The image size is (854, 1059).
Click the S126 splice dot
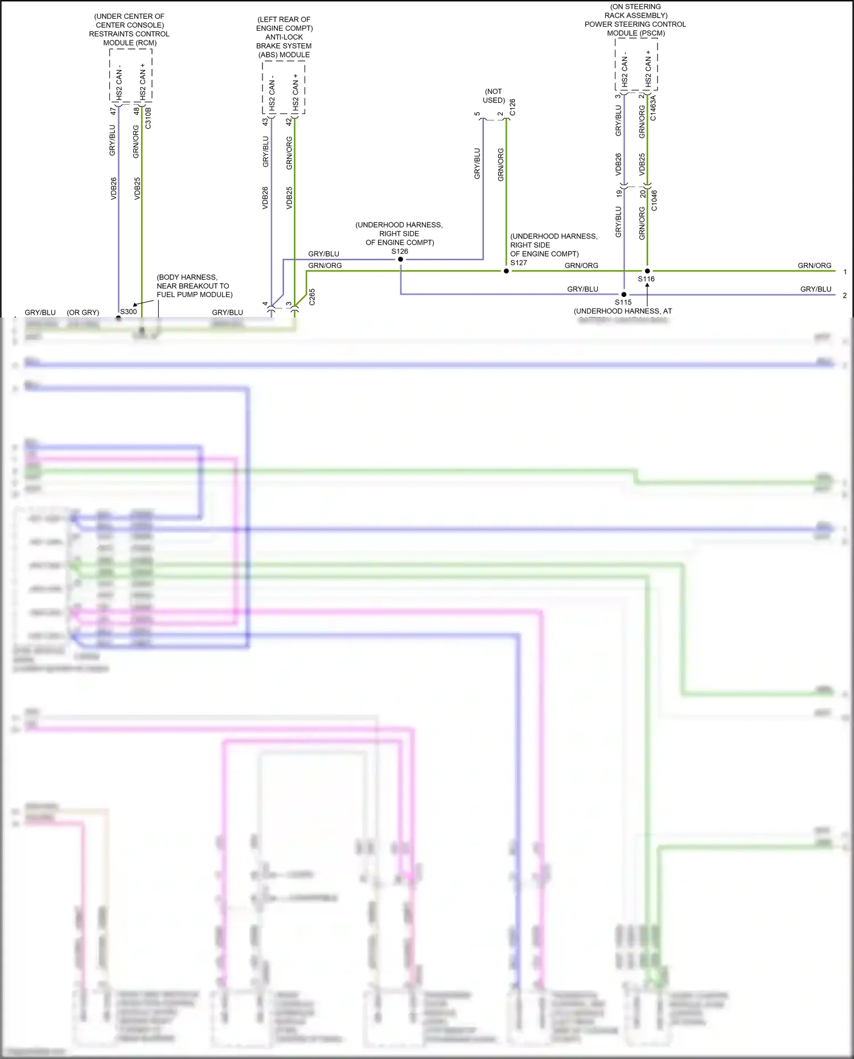click(401, 259)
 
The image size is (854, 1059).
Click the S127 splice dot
click(506, 271)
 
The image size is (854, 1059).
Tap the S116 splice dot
click(647, 271)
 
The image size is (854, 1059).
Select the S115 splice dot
click(624, 294)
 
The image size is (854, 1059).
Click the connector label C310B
click(149, 118)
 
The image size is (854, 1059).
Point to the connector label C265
click(312, 297)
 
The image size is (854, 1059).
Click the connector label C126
click(512, 107)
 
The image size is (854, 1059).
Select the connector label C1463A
click(654, 108)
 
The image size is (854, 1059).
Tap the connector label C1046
click(654, 200)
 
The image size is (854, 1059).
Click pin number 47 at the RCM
click(113, 112)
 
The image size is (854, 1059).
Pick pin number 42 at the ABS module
click(289, 121)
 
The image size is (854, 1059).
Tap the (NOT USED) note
click(494, 96)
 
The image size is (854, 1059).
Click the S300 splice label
click(128, 311)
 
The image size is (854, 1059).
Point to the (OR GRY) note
click(83, 312)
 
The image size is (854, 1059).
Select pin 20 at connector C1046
click(643, 194)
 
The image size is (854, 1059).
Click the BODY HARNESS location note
click(194, 286)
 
